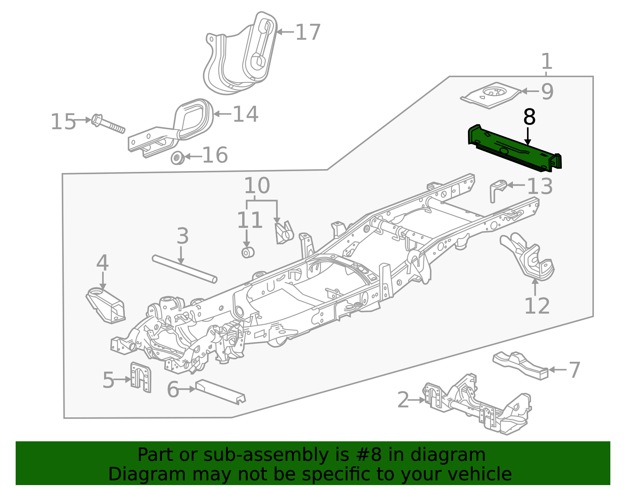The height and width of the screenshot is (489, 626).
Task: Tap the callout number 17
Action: click(x=308, y=32)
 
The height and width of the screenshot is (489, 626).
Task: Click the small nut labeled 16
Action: click(x=177, y=158)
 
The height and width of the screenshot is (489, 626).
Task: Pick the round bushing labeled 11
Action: click(x=248, y=253)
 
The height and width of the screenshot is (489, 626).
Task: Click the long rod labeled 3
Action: click(x=184, y=269)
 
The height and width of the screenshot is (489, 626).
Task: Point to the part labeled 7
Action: click(x=520, y=365)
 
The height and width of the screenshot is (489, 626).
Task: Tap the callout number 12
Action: click(x=537, y=306)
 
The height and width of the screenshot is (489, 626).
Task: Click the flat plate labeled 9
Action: click(x=491, y=94)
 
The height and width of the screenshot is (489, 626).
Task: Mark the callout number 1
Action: click(x=546, y=61)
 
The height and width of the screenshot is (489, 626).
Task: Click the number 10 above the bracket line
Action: click(x=257, y=186)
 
